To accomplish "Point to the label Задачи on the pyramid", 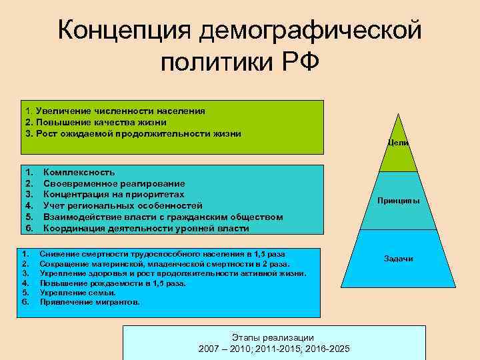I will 398,258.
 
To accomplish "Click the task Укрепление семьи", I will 78,293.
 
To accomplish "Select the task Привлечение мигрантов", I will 90,302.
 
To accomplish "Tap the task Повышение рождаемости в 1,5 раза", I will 113,283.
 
